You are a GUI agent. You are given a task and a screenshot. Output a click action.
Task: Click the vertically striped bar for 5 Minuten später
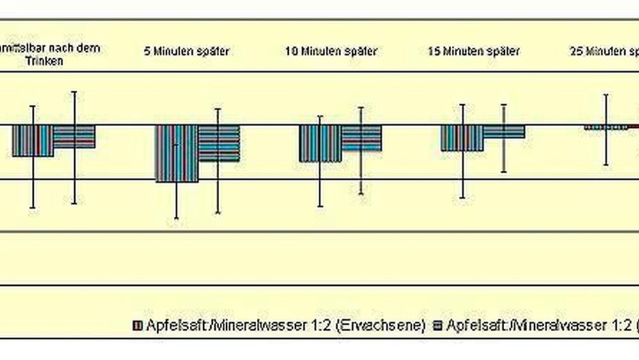(x=177, y=153)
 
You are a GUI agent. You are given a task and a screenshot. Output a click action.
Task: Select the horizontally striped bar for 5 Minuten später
(x=219, y=143)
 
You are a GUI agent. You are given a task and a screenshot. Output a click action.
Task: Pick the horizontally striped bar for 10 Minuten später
(x=362, y=137)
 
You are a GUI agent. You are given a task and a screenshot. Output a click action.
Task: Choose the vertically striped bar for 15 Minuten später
(x=462, y=137)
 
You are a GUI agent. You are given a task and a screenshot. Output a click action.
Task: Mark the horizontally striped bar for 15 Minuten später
(x=504, y=131)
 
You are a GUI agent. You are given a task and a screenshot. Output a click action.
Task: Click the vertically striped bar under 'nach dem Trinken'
(x=33, y=141)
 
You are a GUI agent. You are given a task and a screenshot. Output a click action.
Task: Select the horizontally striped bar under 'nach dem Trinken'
(x=74, y=136)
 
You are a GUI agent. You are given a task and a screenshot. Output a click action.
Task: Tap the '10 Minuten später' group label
(x=331, y=51)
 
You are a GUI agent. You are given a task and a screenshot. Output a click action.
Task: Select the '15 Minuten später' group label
(x=473, y=51)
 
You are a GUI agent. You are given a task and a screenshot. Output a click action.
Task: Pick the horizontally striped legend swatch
(x=438, y=325)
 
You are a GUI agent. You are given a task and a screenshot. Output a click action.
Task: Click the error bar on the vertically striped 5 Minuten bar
(x=177, y=201)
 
